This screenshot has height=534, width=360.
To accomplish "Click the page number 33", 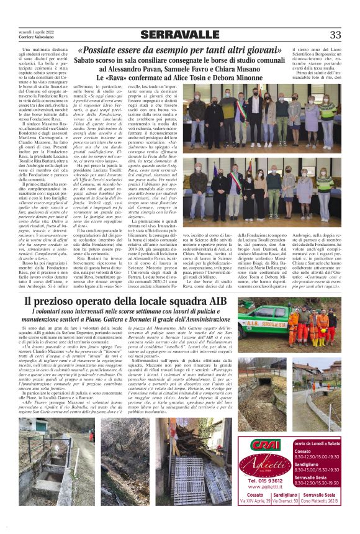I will tap(335, 35).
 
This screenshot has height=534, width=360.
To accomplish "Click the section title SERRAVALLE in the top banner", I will tap(179, 35).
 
